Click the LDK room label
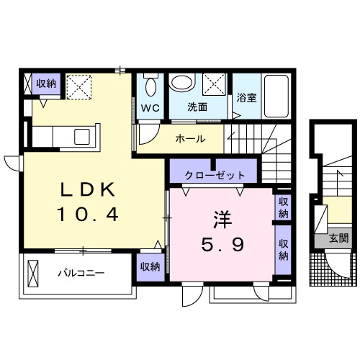(x=86, y=189)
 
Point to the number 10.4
(x=86, y=214)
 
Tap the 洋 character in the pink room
(x=222, y=218)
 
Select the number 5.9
(x=222, y=245)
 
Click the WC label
(x=150, y=108)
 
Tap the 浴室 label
(x=246, y=98)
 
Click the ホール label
(x=190, y=139)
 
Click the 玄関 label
(x=339, y=238)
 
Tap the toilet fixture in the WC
(x=150, y=86)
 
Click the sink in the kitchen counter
(x=81, y=136)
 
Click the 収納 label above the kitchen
(x=46, y=84)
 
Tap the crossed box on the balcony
(x=33, y=274)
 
